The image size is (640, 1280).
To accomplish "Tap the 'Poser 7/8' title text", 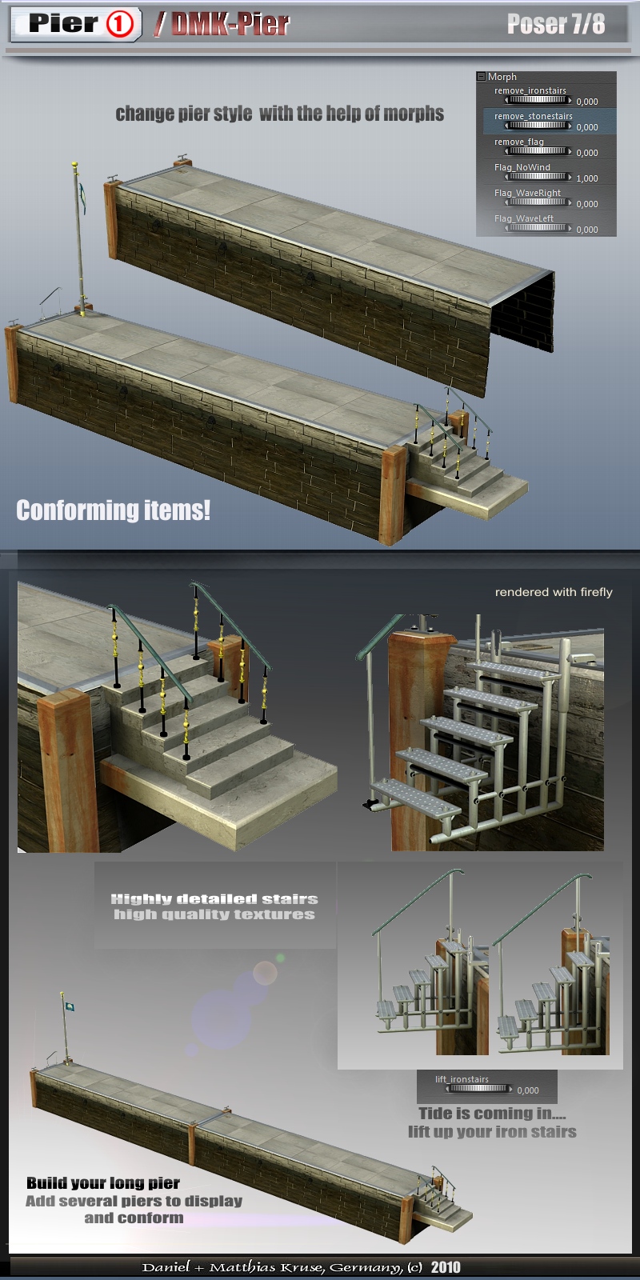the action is (556, 23).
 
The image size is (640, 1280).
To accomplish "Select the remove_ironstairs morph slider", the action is (538, 100).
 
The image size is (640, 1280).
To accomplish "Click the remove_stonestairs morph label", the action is (533, 116).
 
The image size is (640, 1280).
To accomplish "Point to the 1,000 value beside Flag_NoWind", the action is (587, 178).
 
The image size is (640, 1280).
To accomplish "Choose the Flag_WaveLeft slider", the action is (538, 228).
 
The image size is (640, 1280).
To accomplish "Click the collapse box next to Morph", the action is (481, 76).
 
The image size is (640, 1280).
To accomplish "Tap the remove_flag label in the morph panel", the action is (519, 142).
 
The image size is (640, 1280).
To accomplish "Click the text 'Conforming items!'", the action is (113, 510).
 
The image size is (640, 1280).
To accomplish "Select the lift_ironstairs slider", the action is (479, 1089).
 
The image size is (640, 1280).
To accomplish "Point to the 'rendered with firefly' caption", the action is (553, 592).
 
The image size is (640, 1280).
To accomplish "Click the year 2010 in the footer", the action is (446, 1267).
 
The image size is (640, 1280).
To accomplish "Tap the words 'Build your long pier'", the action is (103, 1182).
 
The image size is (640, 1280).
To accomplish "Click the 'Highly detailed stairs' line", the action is (214, 899).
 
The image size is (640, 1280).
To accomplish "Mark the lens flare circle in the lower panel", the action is (265, 973).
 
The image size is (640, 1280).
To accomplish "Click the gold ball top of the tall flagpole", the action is (74, 165).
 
